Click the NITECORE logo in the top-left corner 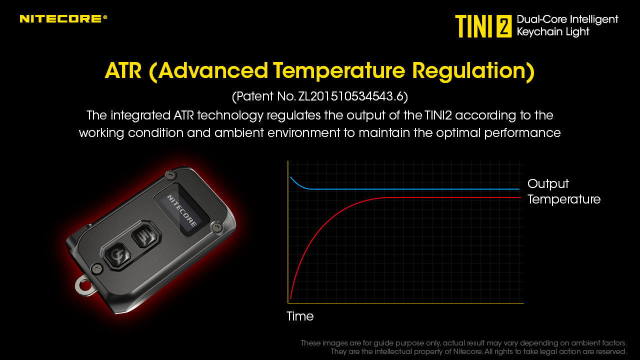[63, 18]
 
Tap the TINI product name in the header [474, 26]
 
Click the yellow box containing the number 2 [504, 26]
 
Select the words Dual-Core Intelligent [567, 19]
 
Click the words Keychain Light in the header [553, 32]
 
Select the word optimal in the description [458, 133]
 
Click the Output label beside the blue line [548, 183]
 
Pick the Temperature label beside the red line [564, 199]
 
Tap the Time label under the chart [300, 316]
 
